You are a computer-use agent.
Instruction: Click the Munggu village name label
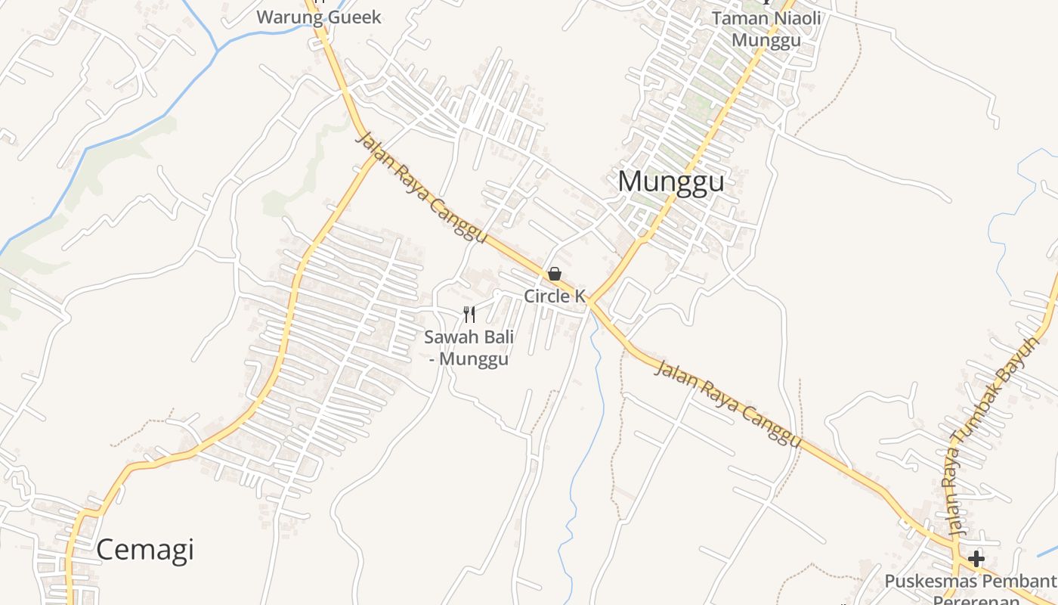tap(670, 181)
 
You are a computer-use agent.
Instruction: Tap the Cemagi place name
tap(144, 549)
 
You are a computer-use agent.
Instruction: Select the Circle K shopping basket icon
tap(555, 274)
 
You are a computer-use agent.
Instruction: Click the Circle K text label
tap(555, 296)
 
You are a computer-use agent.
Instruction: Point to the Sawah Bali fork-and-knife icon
tap(469, 315)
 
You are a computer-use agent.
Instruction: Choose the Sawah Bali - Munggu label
tap(469, 347)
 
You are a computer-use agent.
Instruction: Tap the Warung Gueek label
tap(319, 17)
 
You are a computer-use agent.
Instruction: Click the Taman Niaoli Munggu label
tap(766, 28)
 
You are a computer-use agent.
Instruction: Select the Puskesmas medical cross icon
tap(976, 559)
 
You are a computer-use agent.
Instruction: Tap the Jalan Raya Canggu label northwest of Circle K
tap(420, 188)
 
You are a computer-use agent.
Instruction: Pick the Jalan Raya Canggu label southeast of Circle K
tap(727, 403)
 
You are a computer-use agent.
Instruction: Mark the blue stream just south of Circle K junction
tap(596, 340)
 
